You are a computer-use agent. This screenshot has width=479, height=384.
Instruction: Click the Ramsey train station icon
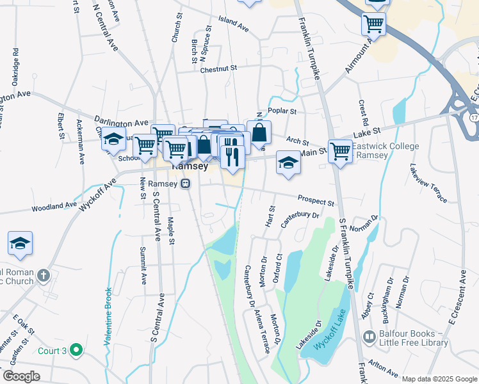(186, 184)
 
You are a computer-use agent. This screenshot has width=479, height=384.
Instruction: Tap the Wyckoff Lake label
(332, 334)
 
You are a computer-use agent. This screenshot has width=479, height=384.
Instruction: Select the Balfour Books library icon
(369, 337)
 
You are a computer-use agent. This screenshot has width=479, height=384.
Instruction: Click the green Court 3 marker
(77, 349)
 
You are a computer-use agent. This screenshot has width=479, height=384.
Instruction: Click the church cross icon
(44, 276)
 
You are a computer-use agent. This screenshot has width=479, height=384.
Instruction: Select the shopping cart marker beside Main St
(340, 151)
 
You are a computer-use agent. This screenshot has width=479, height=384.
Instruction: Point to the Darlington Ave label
(121, 122)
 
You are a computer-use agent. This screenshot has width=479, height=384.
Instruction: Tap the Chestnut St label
(218, 68)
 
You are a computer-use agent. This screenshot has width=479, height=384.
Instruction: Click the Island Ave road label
(233, 24)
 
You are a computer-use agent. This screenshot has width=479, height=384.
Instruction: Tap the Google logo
(21, 376)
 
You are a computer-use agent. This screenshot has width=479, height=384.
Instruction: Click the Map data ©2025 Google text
(439, 379)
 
